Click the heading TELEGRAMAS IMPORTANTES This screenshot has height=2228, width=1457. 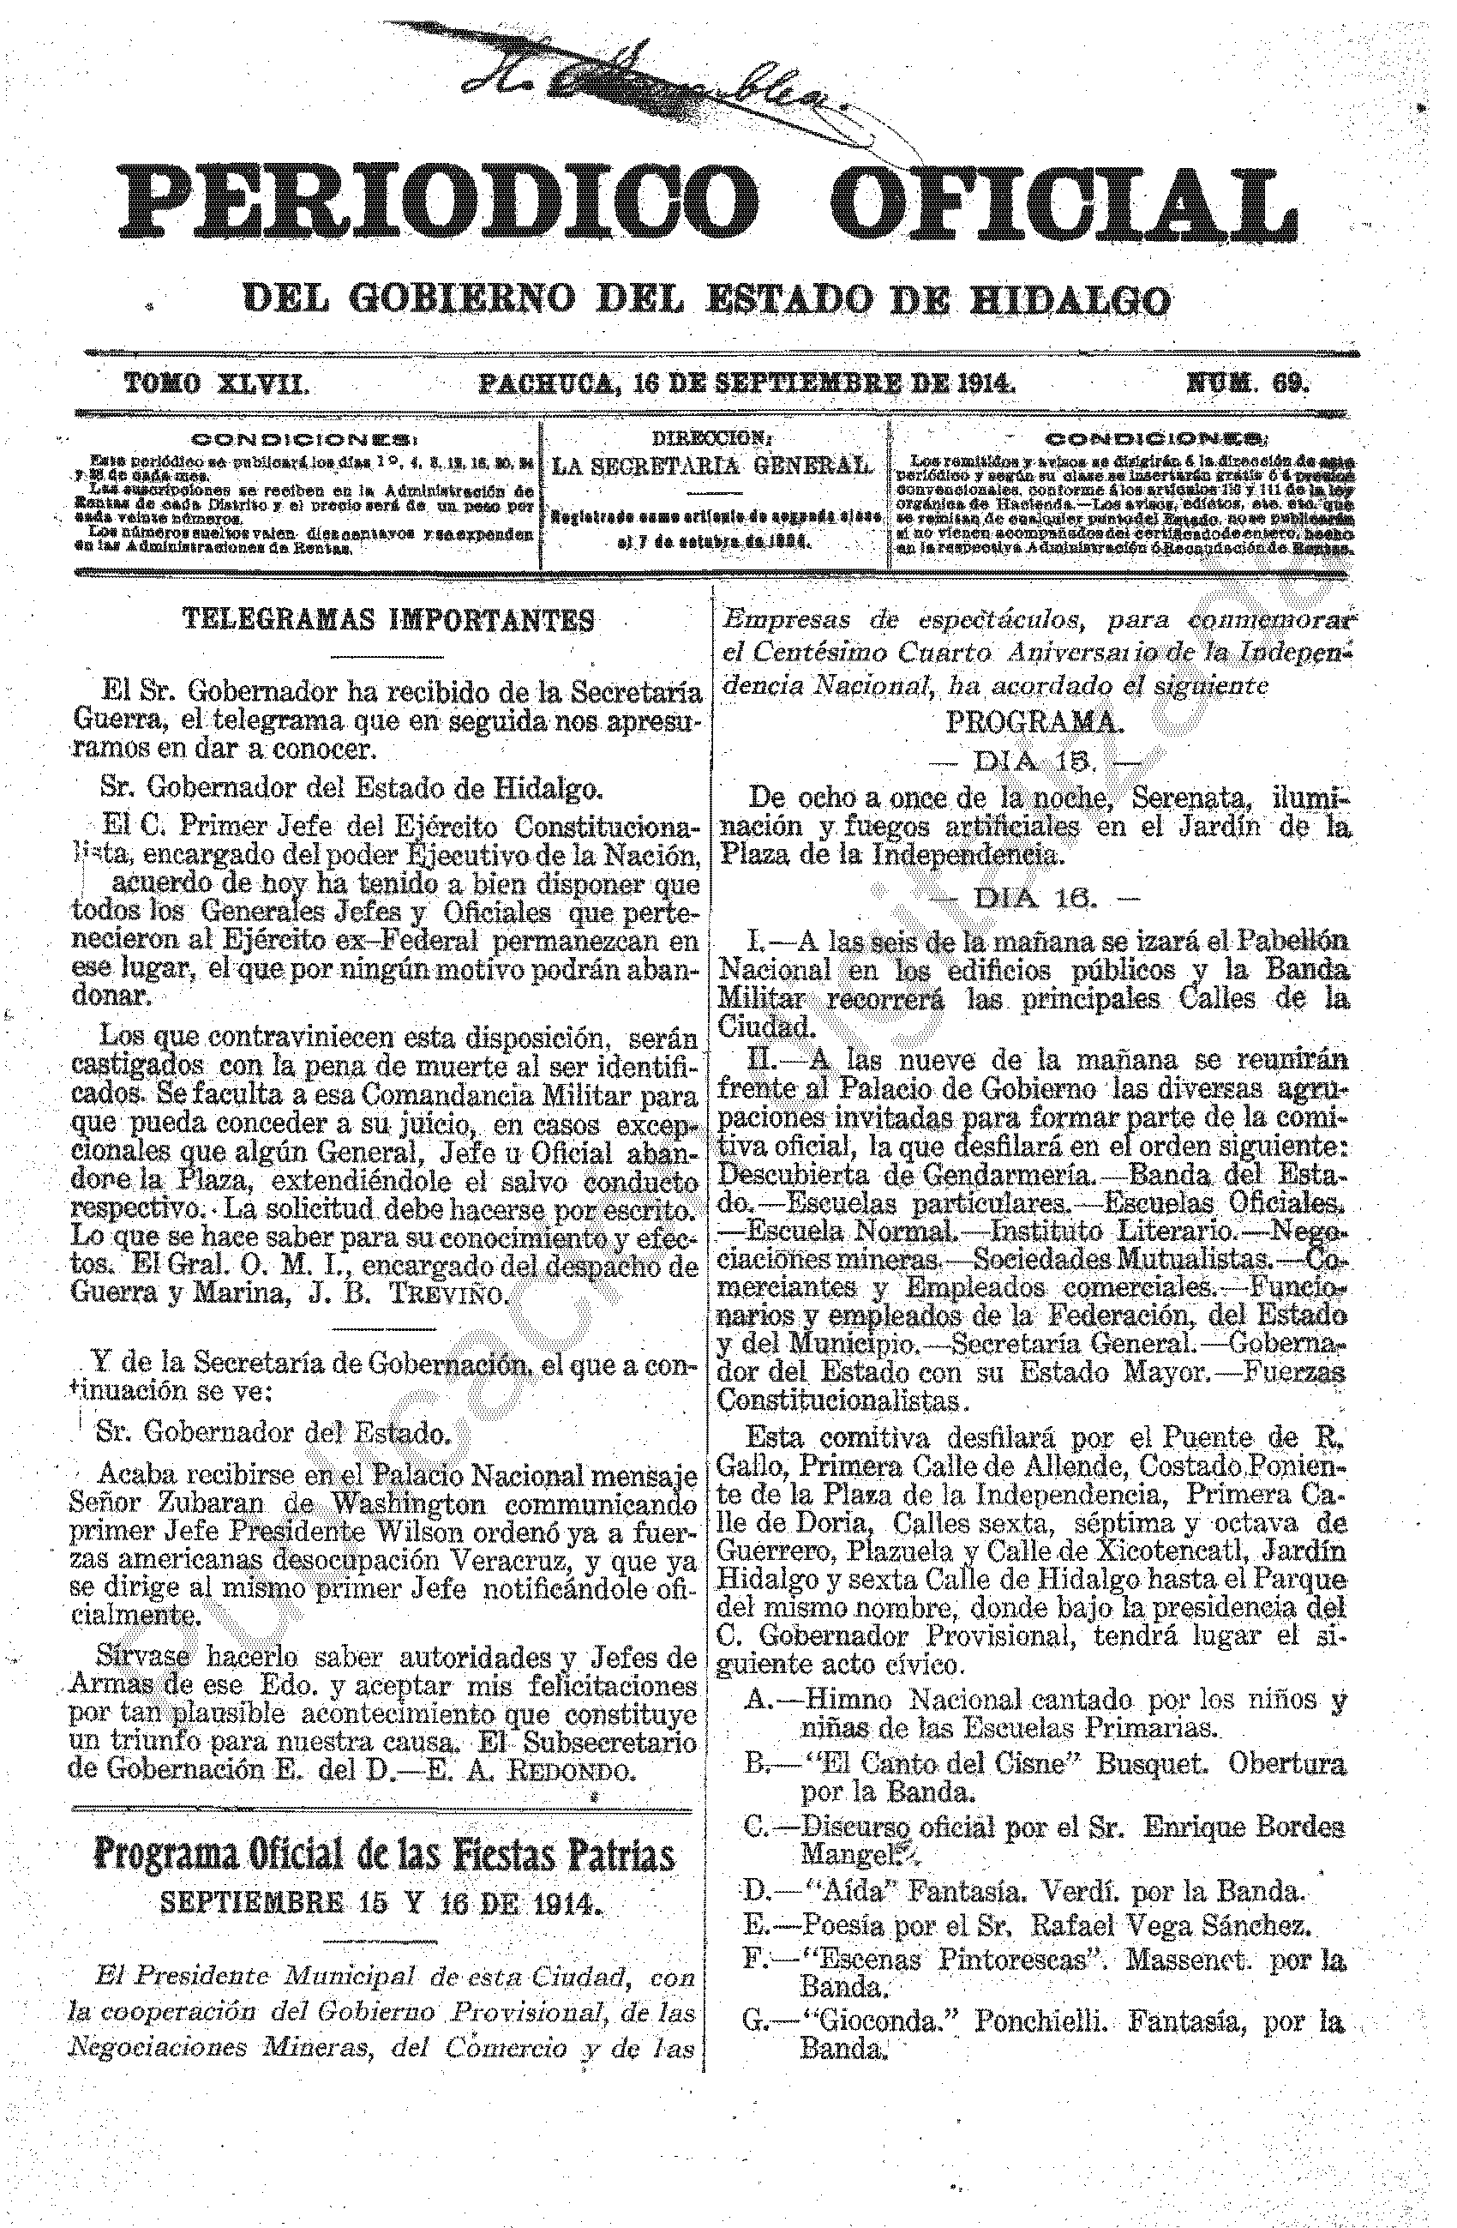387,619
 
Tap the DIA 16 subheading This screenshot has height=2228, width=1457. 1033,899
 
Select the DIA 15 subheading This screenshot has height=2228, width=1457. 1033,761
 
